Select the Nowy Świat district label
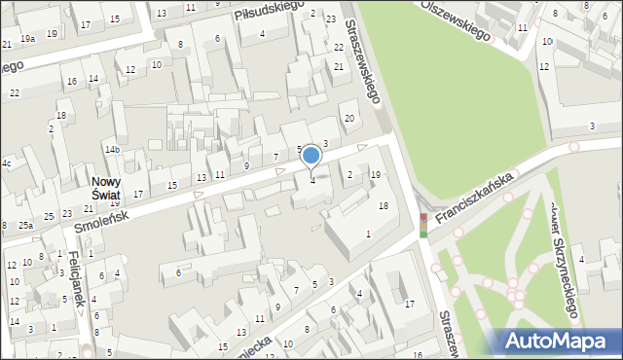click(106, 188)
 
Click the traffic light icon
click(422, 225)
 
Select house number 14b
click(113, 149)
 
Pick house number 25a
click(24, 226)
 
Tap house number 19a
click(29, 38)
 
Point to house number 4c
click(7, 162)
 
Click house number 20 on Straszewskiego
click(348, 118)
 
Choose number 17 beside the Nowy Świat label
click(138, 194)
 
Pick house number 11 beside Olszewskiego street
click(523, 27)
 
